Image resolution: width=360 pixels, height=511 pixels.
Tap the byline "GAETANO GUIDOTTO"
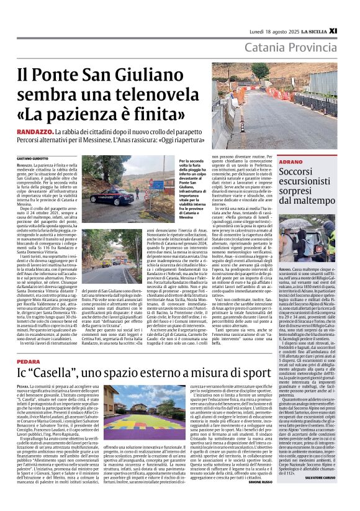click(32, 142)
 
